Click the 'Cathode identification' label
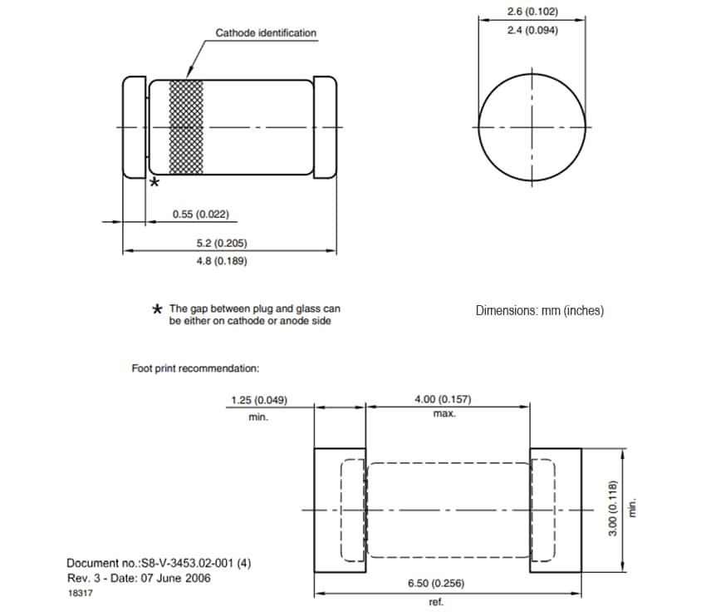coord(266,33)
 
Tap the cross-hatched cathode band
coord(186,127)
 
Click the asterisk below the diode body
coord(154,184)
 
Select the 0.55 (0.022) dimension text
coord(200,215)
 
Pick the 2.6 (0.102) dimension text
coord(532,12)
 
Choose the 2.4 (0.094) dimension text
coord(532,31)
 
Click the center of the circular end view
coord(532,126)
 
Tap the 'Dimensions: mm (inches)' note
coord(539,311)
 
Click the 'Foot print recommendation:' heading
coord(195,368)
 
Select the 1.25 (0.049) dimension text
coord(258,400)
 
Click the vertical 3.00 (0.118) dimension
coord(613,509)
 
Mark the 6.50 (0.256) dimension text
coord(436,585)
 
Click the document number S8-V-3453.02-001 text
coord(159,563)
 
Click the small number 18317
coord(79,593)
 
